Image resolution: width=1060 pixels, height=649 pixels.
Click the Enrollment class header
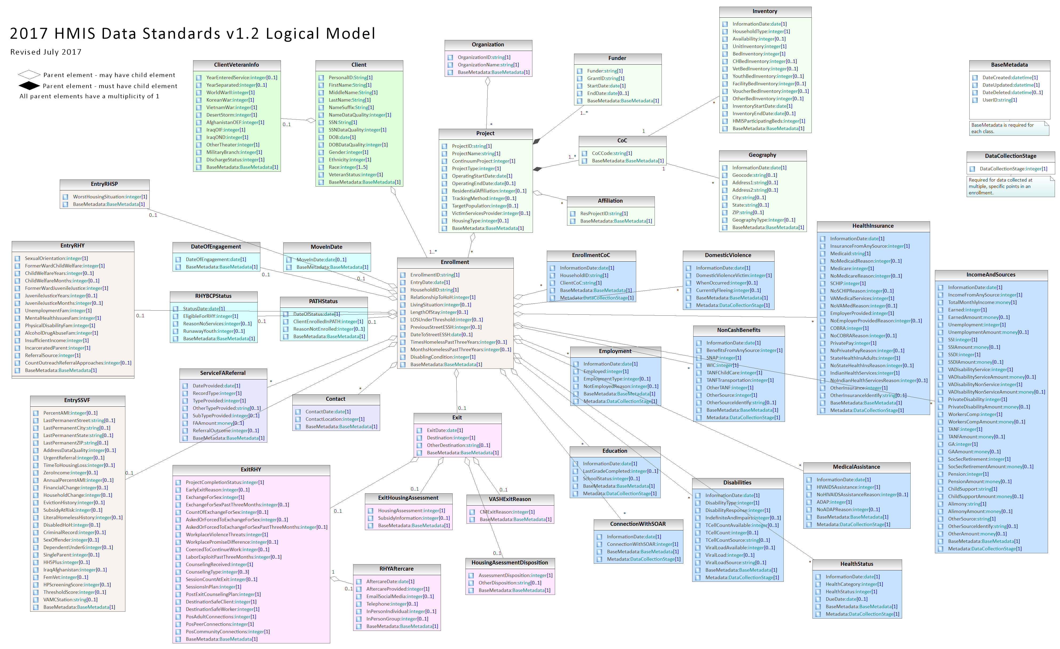click(x=455, y=262)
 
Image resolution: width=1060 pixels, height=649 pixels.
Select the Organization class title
click(x=488, y=45)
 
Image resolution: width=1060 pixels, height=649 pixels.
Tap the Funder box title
click(x=617, y=58)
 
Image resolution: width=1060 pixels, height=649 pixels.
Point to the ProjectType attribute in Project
click(x=476, y=169)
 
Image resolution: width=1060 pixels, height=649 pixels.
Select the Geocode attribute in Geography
click(x=755, y=175)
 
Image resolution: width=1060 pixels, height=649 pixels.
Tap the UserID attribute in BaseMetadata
click(x=999, y=100)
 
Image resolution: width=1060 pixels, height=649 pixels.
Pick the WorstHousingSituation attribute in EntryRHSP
click(x=110, y=197)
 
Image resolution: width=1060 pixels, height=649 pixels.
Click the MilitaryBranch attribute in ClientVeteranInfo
click(x=234, y=152)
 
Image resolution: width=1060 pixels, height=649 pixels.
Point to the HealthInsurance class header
click(x=873, y=226)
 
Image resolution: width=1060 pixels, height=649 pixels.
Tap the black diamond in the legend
click(x=29, y=86)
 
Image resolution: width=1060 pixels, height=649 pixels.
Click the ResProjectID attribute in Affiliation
click(x=604, y=213)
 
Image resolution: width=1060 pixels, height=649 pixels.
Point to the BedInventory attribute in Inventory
click(x=758, y=54)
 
